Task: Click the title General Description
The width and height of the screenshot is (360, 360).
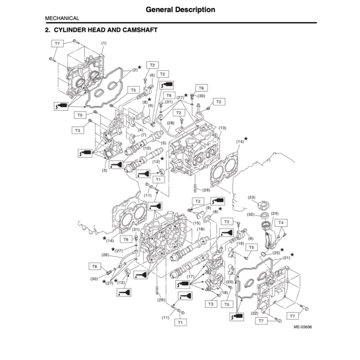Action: (180, 9)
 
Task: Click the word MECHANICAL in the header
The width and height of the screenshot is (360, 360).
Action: (62, 18)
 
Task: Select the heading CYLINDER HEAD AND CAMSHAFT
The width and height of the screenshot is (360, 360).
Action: (102, 30)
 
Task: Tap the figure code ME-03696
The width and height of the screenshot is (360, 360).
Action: (303, 327)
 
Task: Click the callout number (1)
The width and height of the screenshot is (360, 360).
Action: (104, 43)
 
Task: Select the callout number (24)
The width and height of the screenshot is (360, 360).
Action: (275, 213)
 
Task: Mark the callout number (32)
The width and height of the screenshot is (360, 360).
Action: (251, 214)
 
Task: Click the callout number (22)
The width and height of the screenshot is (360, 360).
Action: (255, 313)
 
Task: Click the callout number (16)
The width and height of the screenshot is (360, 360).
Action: (201, 229)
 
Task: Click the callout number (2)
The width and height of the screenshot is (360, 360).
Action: (135, 70)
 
